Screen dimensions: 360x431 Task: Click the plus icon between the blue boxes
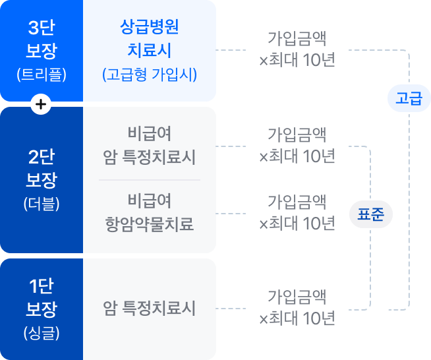click(42, 104)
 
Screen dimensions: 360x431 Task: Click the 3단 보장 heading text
click(42, 40)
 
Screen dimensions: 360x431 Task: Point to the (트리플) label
click(42, 74)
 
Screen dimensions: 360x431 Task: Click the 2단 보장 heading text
click(42, 169)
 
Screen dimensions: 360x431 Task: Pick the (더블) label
click(42, 203)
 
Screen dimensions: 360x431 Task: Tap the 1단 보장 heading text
click(42, 298)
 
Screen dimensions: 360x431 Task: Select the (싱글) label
click(42, 332)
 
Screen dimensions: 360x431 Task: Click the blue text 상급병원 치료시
click(150, 39)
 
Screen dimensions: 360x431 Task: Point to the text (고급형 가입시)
click(150, 74)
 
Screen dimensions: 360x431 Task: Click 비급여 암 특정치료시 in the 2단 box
click(150, 146)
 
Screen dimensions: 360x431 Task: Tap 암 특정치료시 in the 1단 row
click(150, 308)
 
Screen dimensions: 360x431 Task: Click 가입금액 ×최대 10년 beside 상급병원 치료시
click(297, 49)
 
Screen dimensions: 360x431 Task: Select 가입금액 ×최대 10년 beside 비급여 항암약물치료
click(297, 213)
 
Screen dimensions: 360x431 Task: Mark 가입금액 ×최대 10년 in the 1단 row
click(297, 308)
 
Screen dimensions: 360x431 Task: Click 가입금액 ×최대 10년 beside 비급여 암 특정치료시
click(297, 146)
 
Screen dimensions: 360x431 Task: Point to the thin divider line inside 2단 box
click(150, 179)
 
